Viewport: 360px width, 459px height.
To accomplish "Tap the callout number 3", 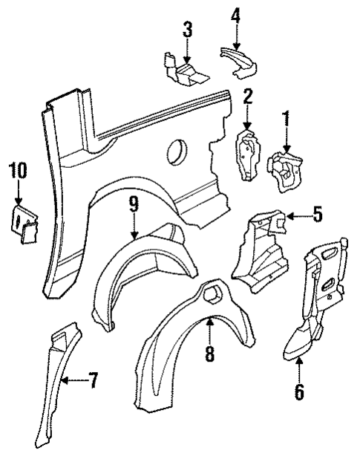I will pos(187,30).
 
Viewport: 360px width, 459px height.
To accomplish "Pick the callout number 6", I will pos(299,390).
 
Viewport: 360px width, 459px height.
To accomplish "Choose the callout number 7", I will pos(93,382).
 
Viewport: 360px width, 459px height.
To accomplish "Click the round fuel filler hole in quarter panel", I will pos(177,149).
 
